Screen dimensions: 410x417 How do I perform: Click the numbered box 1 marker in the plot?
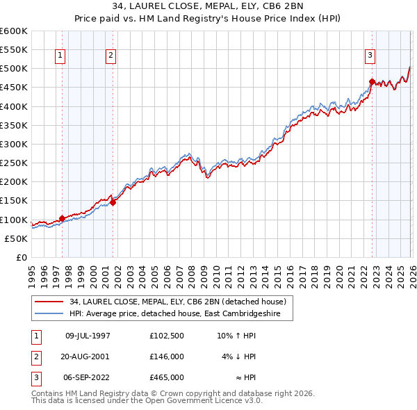61,56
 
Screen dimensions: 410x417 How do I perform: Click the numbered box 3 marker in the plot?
370,56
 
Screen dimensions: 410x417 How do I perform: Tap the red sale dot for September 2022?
372,82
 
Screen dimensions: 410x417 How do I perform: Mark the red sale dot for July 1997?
62,218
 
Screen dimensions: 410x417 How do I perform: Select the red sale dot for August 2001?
113,202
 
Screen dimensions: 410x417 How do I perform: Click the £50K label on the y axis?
16,238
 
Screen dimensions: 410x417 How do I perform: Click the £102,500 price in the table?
166,336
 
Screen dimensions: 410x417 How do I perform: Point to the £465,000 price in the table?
166,377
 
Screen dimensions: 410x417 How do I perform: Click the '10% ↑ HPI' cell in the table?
237,336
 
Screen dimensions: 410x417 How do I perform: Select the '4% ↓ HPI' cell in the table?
239,356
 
